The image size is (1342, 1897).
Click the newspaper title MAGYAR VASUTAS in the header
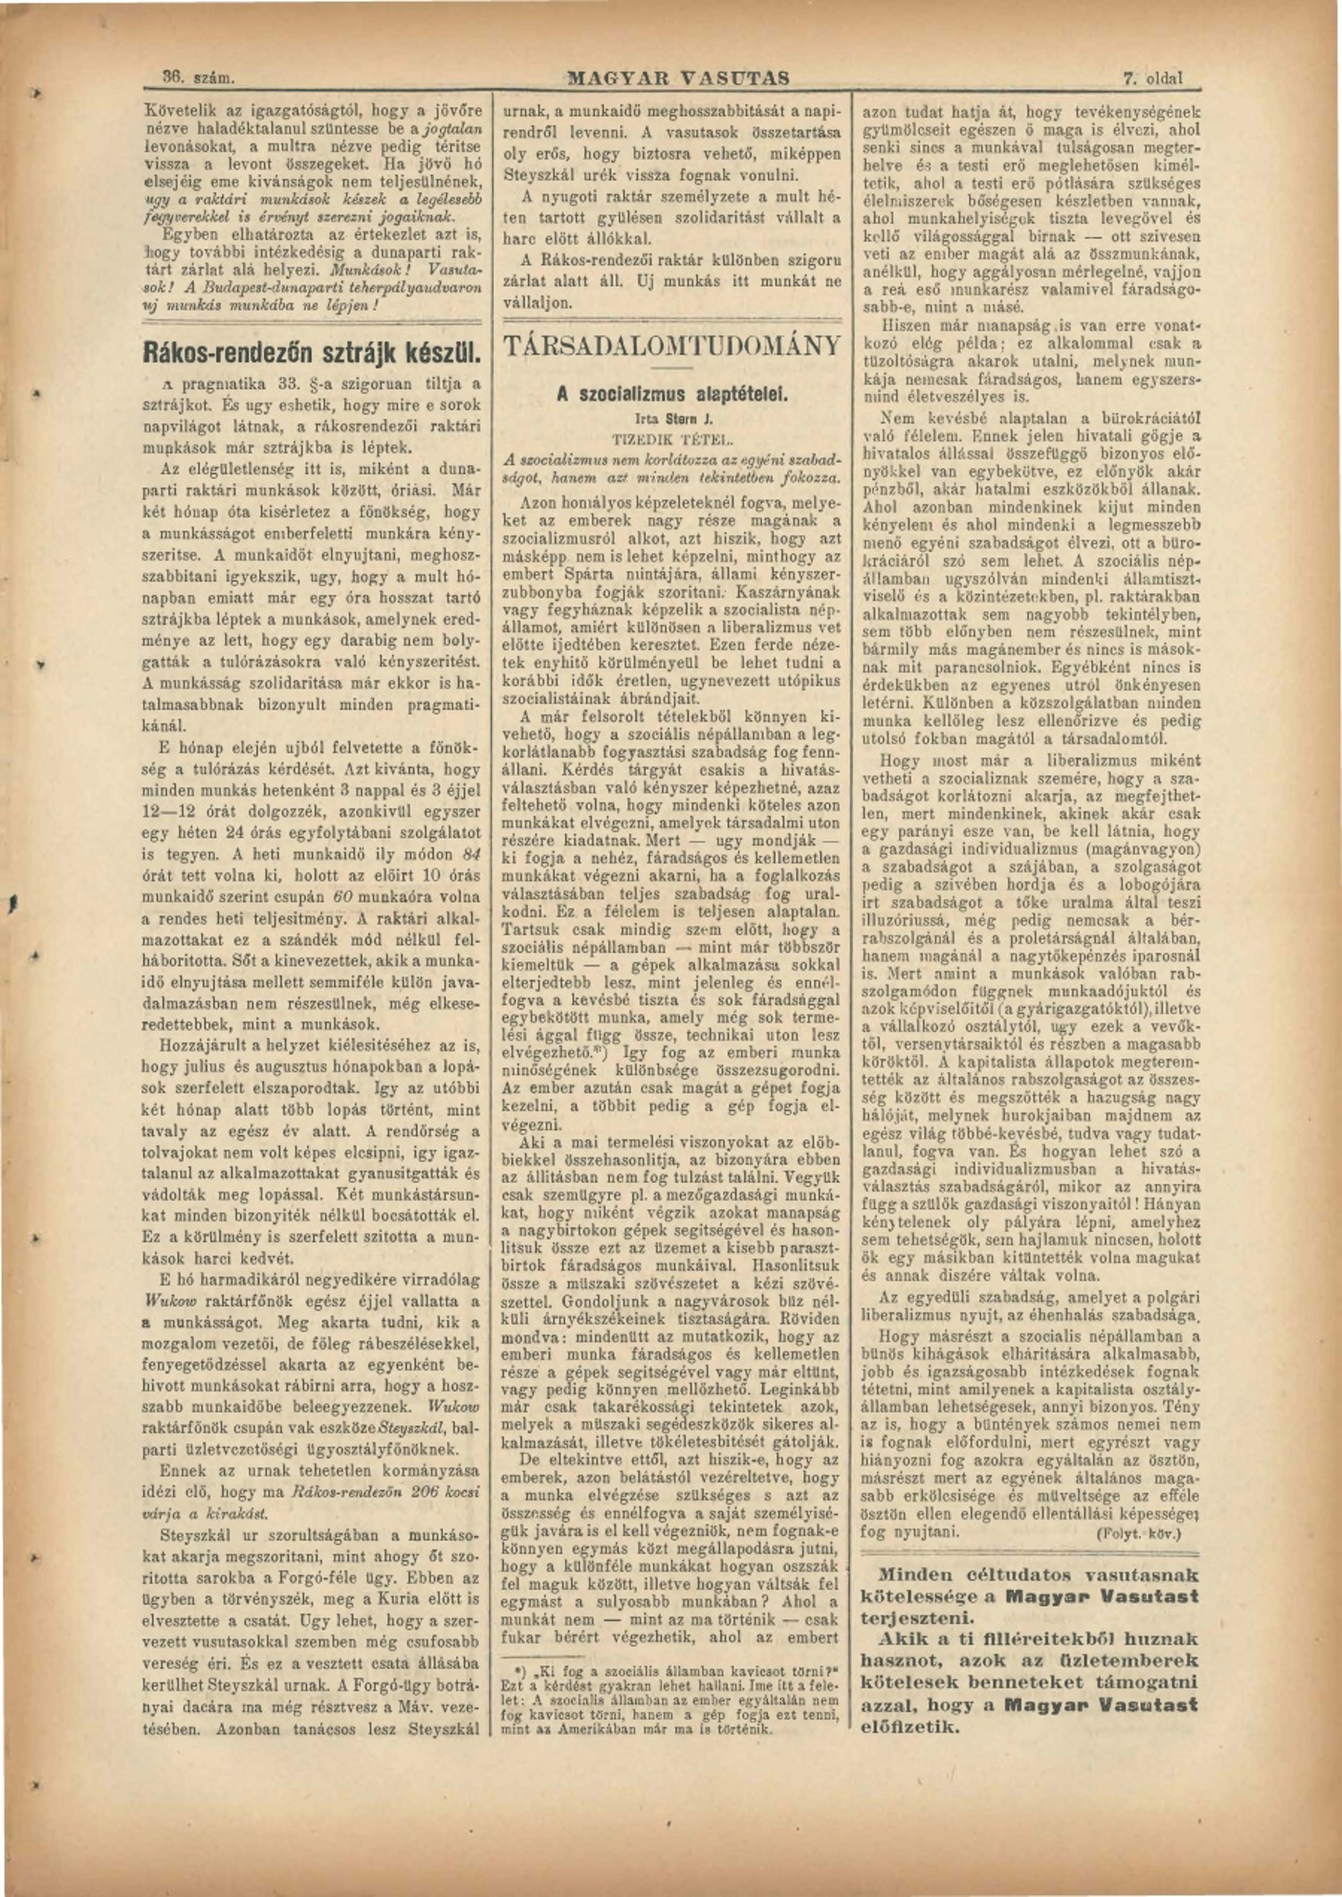coord(679,79)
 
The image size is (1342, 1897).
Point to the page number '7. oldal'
coord(1153,79)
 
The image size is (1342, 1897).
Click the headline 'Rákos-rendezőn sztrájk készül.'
coord(313,352)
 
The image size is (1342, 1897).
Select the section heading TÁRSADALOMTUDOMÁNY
coord(673,345)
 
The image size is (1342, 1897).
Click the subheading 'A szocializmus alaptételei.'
coord(672,394)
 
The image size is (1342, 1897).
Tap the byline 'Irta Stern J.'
coord(672,418)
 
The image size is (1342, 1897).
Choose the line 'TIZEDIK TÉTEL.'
coord(672,439)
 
